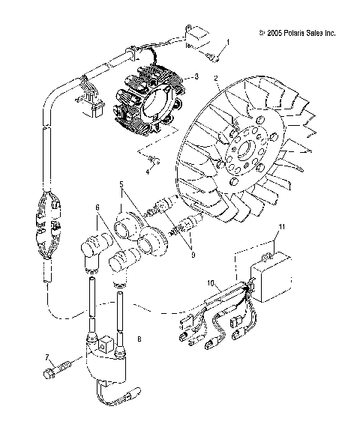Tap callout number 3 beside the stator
(x=196, y=76)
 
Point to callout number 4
(x=148, y=172)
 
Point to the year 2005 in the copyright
(x=274, y=33)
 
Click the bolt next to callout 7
(x=61, y=369)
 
